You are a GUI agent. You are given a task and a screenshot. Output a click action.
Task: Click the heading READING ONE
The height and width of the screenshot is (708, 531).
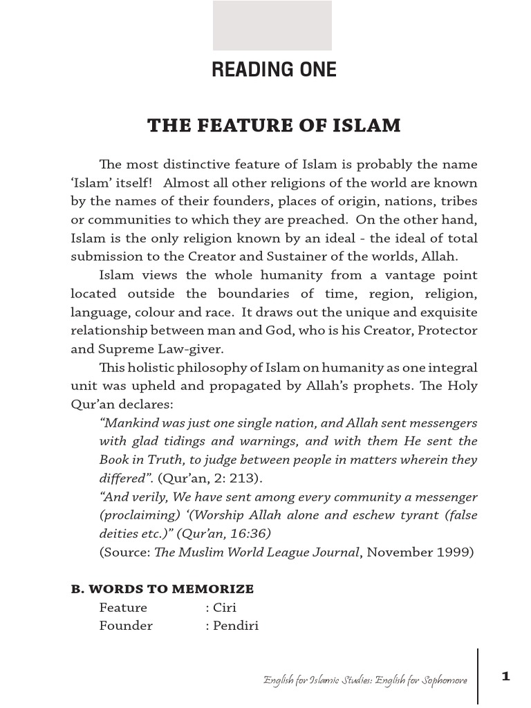tap(274, 70)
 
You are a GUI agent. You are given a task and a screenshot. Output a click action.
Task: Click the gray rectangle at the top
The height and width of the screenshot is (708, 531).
tap(272, 26)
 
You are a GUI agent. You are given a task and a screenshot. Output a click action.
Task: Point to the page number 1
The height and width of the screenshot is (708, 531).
tap(506, 676)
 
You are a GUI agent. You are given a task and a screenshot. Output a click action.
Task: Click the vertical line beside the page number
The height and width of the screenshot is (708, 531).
tap(478, 676)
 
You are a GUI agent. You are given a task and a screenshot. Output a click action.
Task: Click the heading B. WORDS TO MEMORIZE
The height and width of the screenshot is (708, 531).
tap(162, 589)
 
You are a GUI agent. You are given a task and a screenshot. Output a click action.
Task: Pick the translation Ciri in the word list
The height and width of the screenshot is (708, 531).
tap(226, 608)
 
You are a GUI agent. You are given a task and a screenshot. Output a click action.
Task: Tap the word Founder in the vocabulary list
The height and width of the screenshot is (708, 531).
tap(126, 626)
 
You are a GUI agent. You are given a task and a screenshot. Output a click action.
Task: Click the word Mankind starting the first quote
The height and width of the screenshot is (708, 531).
tap(129, 422)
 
